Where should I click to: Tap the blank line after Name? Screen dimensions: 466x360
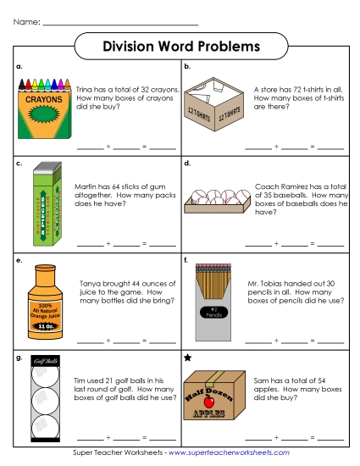coord(119,22)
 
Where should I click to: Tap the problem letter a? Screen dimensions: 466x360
coord(19,66)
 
